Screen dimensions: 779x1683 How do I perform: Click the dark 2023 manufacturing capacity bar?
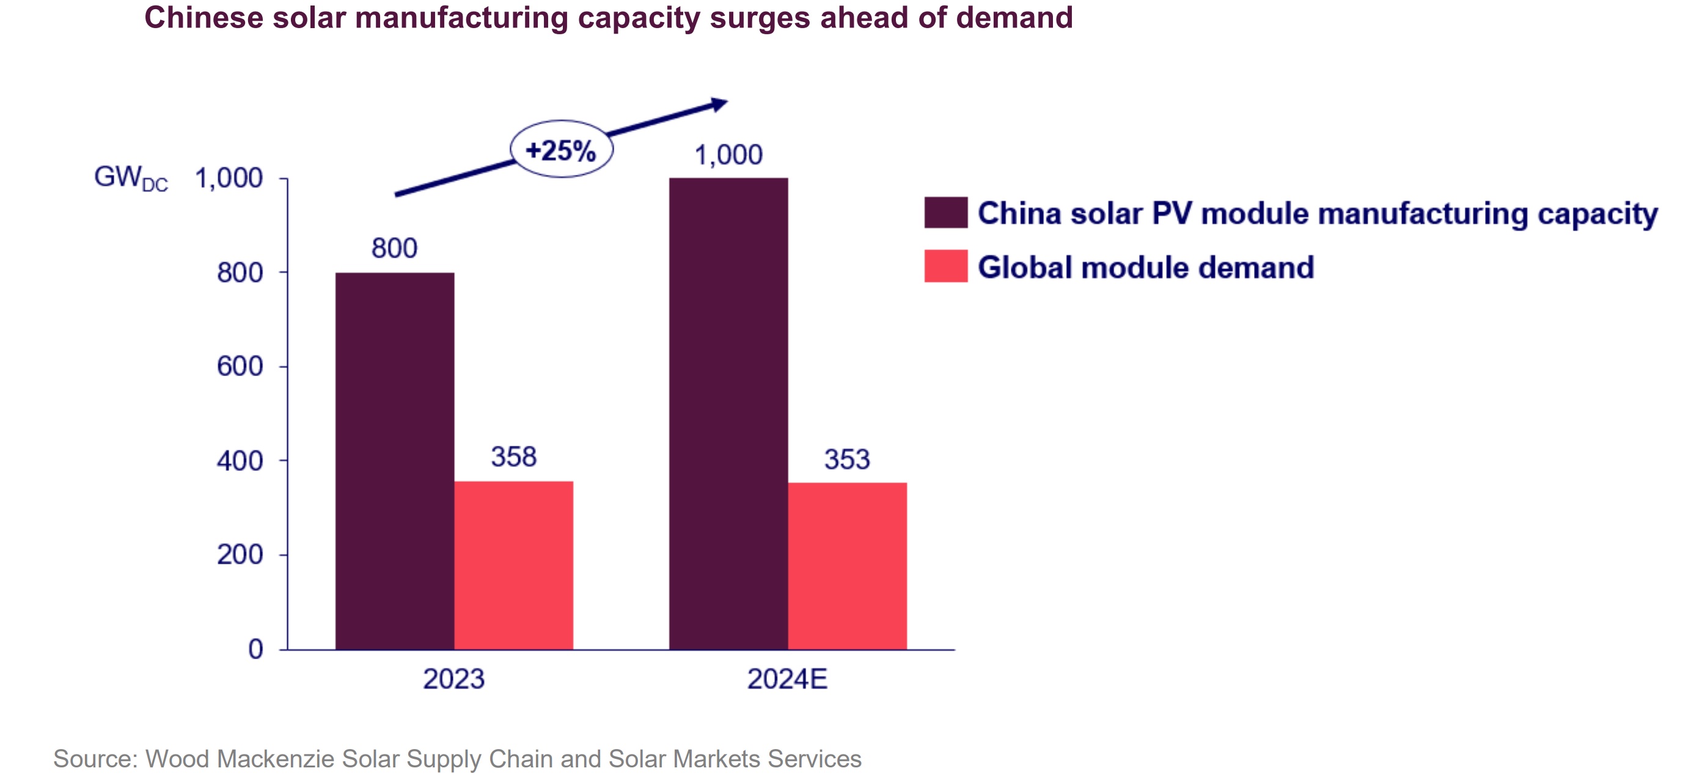click(x=395, y=460)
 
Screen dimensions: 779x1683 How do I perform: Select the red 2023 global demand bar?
click(x=513, y=566)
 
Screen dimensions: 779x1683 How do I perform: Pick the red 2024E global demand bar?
click(x=847, y=566)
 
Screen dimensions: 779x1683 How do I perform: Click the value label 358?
click(x=513, y=457)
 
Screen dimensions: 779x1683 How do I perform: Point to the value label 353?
click(x=847, y=459)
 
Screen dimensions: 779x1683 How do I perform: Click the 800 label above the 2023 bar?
click(x=394, y=248)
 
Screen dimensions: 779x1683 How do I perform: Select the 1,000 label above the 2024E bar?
click(x=728, y=155)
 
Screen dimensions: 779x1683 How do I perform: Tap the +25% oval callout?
click(x=561, y=150)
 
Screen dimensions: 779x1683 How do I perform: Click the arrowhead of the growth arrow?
click(x=719, y=104)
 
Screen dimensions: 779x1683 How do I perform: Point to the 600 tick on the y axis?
click(x=240, y=367)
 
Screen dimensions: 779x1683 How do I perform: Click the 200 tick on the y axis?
click(x=240, y=555)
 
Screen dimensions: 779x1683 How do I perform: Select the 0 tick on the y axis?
click(x=255, y=649)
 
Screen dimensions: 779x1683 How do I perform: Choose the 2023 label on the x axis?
click(x=453, y=679)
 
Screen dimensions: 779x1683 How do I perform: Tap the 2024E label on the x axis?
click(x=787, y=679)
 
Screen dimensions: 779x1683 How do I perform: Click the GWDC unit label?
click(x=131, y=178)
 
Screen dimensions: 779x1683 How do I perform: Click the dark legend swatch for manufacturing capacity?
click(x=945, y=212)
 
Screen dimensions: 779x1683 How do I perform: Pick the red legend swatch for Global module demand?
click(x=945, y=266)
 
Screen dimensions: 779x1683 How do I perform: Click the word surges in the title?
click(x=760, y=18)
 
